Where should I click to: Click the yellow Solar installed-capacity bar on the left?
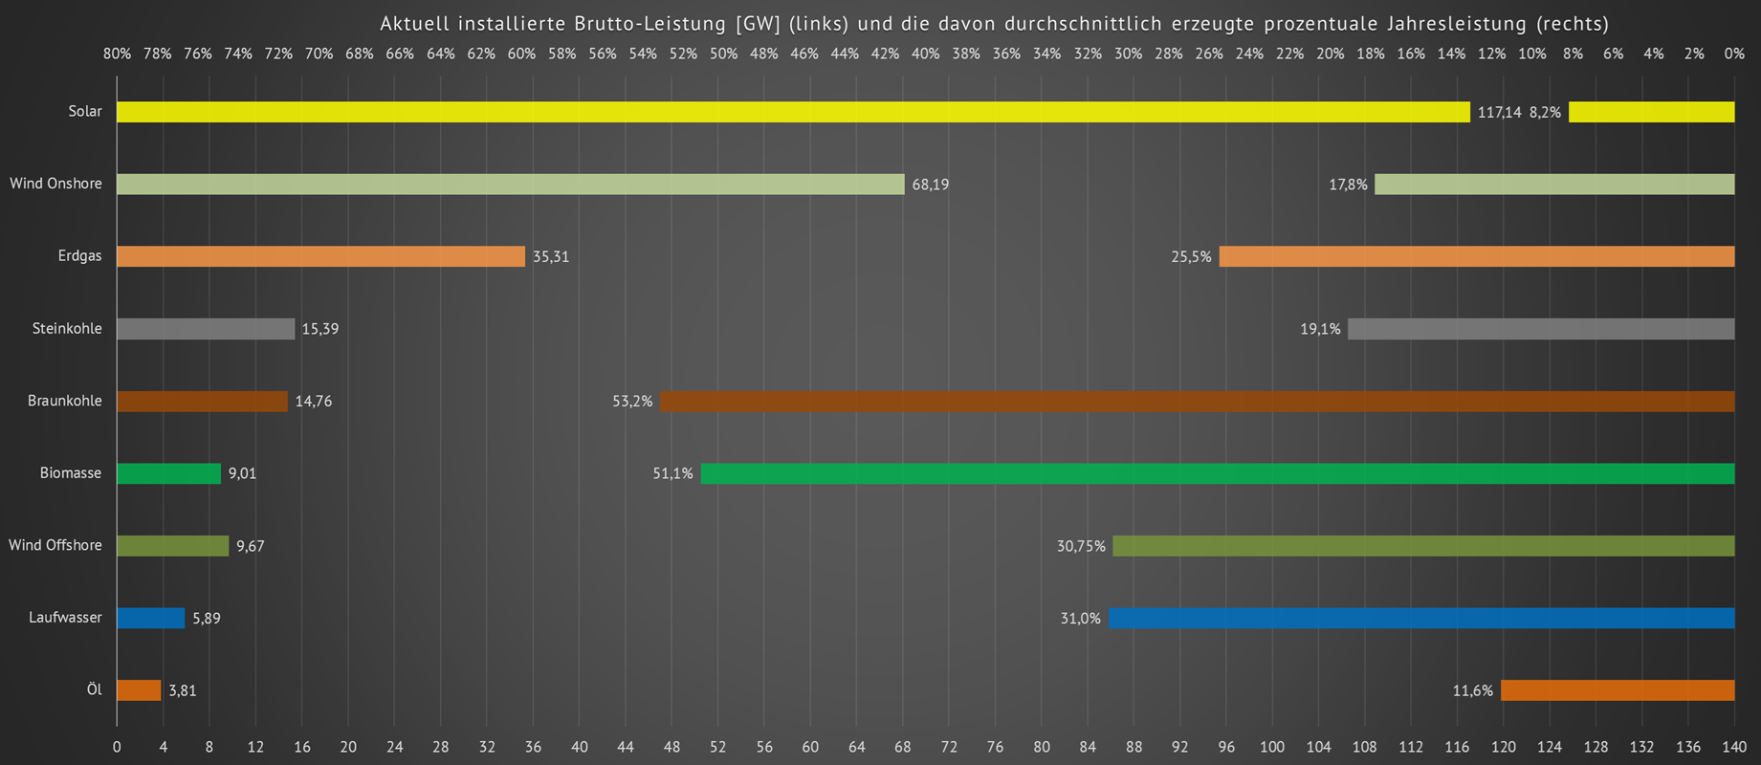pyautogui.click(x=792, y=112)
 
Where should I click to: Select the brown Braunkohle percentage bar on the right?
pyautogui.click(x=1196, y=402)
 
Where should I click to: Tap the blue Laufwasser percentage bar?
pyautogui.click(x=1421, y=619)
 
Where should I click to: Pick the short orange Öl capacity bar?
pyautogui.click(x=139, y=690)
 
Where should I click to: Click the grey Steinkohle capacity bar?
pyautogui.click(x=206, y=329)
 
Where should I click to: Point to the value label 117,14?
pyautogui.click(x=1499, y=113)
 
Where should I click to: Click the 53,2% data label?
pyautogui.click(x=632, y=402)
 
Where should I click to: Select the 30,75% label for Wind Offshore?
pyautogui.click(x=1081, y=546)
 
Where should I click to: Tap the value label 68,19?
pyautogui.click(x=930, y=185)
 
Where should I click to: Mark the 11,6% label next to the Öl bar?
pyautogui.click(x=1472, y=690)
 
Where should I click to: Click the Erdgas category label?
pyautogui.click(x=79, y=256)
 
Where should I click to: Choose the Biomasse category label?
pyautogui.click(x=71, y=473)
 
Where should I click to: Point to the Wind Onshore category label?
pyautogui.click(x=55, y=184)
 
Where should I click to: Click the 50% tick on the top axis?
pyautogui.click(x=723, y=55)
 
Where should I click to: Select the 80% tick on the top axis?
pyautogui.click(x=117, y=55)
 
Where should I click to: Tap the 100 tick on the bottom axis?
pyautogui.click(x=1272, y=747)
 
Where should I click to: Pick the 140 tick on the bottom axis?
pyautogui.click(x=1733, y=747)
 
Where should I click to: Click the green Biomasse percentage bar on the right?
pyautogui.click(x=1217, y=473)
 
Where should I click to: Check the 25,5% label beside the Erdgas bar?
pyautogui.click(x=1191, y=257)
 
